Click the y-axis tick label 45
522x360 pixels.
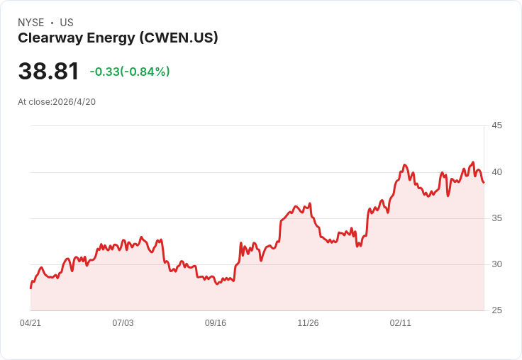pyautogui.click(x=496, y=125)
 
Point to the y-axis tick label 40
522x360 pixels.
pyautogui.click(x=496, y=172)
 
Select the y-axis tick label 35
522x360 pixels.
pyautogui.click(x=496, y=218)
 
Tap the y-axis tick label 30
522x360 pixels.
pyautogui.click(x=496, y=264)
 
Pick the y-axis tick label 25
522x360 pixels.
pyautogui.click(x=496, y=310)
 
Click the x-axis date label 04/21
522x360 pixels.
pyautogui.click(x=30, y=323)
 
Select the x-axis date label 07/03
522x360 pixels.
pyautogui.click(x=123, y=323)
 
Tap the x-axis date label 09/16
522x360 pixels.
pyautogui.click(x=216, y=323)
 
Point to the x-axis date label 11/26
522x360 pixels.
pyautogui.click(x=308, y=323)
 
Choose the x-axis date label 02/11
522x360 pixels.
pyautogui.click(x=401, y=323)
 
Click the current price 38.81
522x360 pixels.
pyautogui.click(x=49, y=71)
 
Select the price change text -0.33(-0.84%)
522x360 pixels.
pyautogui.click(x=130, y=72)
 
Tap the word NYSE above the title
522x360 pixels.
pyautogui.click(x=31, y=23)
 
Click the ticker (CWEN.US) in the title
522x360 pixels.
pyautogui.click(x=179, y=38)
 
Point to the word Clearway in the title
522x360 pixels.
pyautogui.click(x=50, y=38)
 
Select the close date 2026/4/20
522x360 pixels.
pyautogui.click(x=74, y=102)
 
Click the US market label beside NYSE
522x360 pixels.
pyautogui.click(x=67, y=23)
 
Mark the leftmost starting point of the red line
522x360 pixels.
pyautogui.click(x=30, y=288)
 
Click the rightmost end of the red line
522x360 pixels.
pyautogui.click(x=484, y=182)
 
